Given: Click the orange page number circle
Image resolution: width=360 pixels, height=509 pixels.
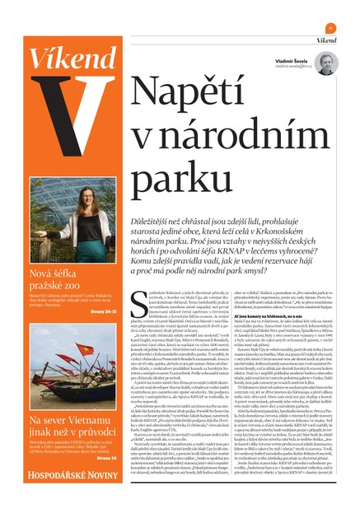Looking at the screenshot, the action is [x=330, y=27].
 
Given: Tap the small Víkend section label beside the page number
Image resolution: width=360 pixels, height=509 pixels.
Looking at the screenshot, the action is [x=326, y=40].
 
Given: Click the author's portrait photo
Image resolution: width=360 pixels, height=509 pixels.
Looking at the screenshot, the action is [x=325, y=63].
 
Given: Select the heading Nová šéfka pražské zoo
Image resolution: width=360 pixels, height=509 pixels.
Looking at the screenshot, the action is [x=61, y=279].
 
